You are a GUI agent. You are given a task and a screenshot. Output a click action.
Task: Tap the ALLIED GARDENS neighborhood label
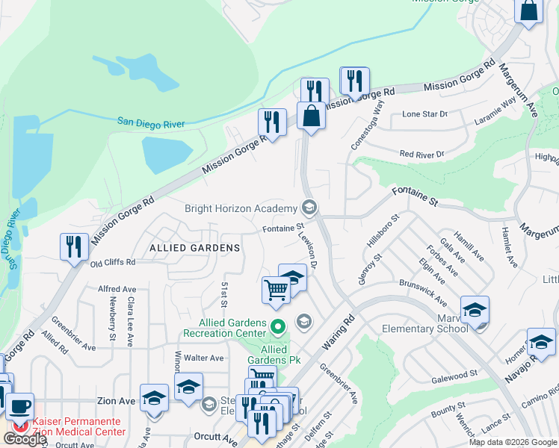194,247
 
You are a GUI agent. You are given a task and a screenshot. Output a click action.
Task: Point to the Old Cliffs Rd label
113,263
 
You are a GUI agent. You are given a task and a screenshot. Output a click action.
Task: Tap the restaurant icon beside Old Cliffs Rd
74,246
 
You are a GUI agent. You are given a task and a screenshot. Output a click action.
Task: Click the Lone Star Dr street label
424,114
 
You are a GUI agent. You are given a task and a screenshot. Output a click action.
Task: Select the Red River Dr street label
421,155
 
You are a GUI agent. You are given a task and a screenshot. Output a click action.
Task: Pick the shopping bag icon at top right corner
528,11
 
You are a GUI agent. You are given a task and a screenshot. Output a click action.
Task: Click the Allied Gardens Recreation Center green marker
278,326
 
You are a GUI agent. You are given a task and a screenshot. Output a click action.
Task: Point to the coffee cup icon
20,407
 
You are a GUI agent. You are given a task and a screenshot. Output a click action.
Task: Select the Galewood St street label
454,373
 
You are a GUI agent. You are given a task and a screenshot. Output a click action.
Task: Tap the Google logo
25,439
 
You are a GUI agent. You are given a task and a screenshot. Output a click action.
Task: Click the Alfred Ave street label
117,289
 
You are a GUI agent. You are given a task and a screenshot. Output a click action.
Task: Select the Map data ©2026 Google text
512,442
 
